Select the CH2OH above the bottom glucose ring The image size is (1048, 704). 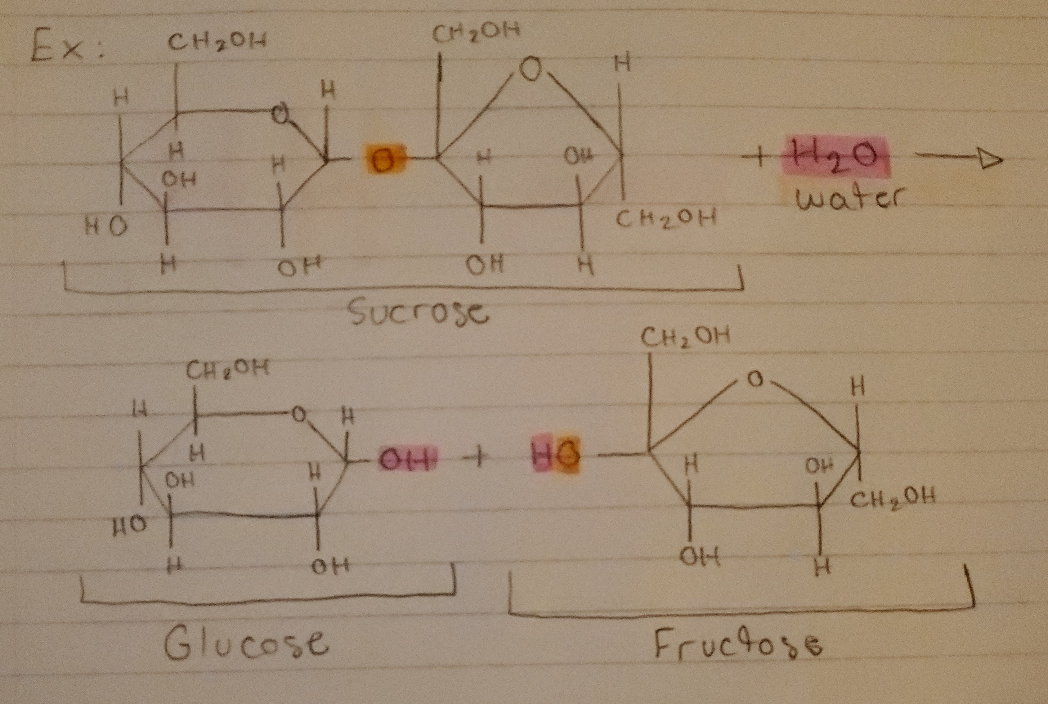(227, 370)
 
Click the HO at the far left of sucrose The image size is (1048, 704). (106, 227)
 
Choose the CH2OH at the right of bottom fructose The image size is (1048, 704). (892, 497)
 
